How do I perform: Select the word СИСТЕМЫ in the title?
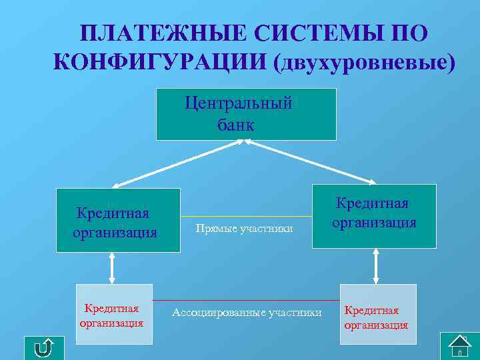309,34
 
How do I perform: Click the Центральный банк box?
246,114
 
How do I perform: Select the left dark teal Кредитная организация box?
118,221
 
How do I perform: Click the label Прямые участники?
244,229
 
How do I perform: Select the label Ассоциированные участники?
247,312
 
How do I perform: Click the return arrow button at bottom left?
44,347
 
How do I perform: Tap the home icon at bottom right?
461,346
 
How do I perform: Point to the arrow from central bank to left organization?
180,163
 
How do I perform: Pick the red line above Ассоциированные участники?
247,300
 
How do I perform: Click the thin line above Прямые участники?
247,217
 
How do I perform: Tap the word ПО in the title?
406,34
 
